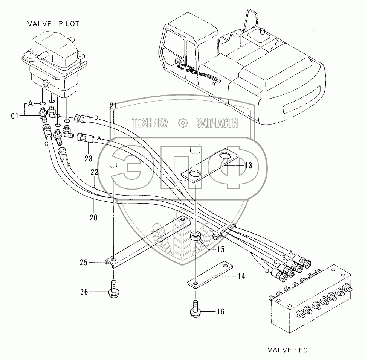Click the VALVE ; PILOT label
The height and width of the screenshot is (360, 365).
tap(53, 24)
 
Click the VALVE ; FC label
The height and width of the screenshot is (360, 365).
tap(288, 350)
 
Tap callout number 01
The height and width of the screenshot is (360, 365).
tap(14, 116)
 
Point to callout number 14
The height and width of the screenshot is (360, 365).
tap(241, 276)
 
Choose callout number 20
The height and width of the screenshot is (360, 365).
tap(93, 217)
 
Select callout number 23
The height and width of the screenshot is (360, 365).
tap(88, 158)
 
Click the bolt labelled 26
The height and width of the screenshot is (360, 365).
tap(113, 290)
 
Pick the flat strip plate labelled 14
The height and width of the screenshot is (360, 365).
tap(209, 274)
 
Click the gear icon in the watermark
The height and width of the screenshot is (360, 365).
tap(182, 122)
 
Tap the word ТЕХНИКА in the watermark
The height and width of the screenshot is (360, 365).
tap(150, 122)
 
